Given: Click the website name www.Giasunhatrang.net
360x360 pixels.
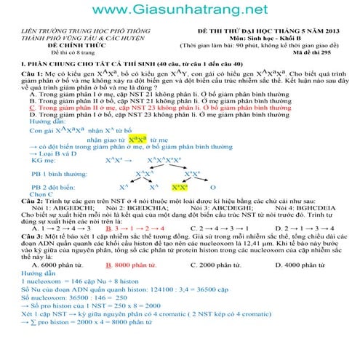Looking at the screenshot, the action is coord(180,10).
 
